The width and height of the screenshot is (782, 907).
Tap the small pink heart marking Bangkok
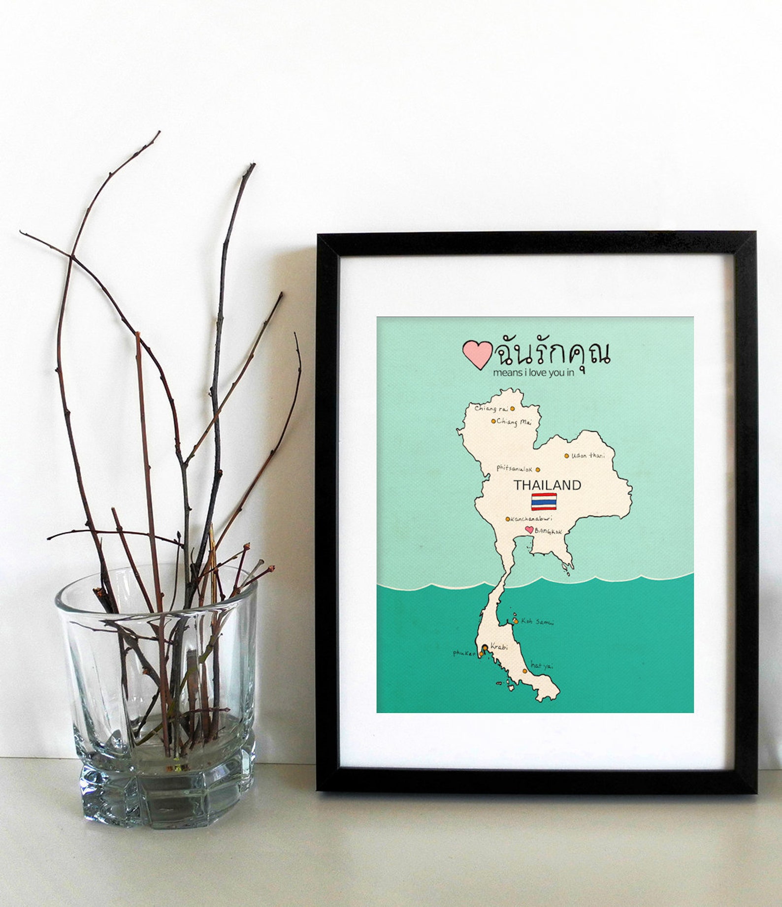click(x=529, y=530)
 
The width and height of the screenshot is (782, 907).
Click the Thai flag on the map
click(x=544, y=502)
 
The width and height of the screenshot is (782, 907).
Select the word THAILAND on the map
click(x=548, y=485)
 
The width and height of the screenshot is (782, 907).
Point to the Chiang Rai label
click(x=491, y=408)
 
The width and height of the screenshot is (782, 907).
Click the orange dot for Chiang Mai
click(x=493, y=421)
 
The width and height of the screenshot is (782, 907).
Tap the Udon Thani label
click(x=588, y=456)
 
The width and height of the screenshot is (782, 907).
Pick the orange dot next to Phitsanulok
click(x=538, y=469)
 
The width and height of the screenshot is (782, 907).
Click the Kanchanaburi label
click(x=532, y=519)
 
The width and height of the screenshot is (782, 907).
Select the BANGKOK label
click(x=548, y=532)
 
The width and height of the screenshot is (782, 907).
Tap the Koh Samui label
click(x=537, y=622)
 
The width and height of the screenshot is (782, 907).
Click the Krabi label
click(x=499, y=647)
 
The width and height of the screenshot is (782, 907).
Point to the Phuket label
click(x=464, y=653)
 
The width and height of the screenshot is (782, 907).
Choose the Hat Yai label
click(x=542, y=666)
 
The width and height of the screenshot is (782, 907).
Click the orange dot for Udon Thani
click(x=567, y=456)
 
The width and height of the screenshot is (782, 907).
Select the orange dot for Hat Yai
click(x=525, y=671)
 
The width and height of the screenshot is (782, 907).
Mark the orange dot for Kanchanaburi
click(x=508, y=519)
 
